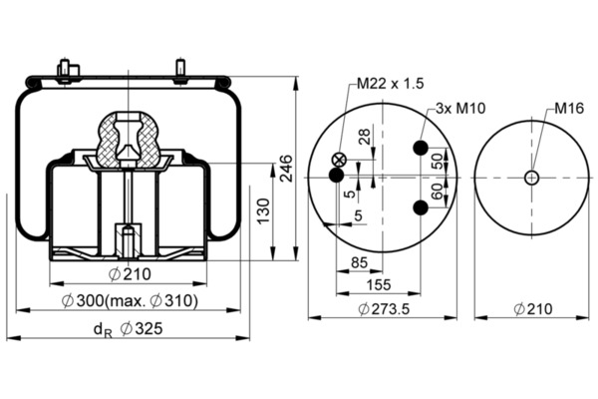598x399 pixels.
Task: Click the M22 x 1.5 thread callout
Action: tap(390, 83)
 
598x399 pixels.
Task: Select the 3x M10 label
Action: tap(460, 109)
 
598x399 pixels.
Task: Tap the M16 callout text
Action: tap(569, 109)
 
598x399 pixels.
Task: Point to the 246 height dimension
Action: tap(286, 168)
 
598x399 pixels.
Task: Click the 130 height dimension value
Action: tap(263, 211)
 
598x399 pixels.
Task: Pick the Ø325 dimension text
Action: tap(142, 329)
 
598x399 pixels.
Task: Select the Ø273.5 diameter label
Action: tap(384, 309)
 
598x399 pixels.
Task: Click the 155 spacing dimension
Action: tap(379, 284)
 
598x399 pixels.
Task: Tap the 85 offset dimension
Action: tap(359, 262)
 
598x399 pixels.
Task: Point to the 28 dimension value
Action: tap(364, 137)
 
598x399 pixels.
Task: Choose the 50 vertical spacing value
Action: tap(438, 161)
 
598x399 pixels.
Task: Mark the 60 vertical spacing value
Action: tap(438, 191)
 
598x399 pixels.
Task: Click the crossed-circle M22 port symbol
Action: tap(338, 160)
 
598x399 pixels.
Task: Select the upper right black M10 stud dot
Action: tap(421, 148)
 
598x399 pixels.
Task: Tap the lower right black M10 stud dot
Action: tap(421, 207)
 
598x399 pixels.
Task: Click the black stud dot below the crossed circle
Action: tap(337, 176)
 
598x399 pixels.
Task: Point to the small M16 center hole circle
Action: tap(531, 178)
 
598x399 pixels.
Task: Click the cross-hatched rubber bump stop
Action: tap(128, 140)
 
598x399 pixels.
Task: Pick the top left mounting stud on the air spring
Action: tap(65, 70)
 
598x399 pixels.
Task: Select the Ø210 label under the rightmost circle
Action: tap(533, 309)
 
